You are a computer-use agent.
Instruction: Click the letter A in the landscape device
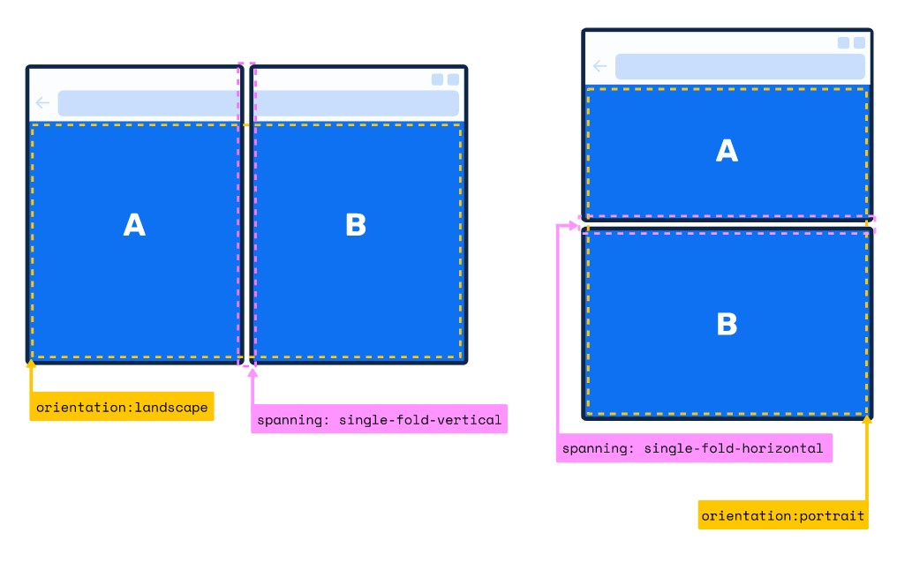point(134,226)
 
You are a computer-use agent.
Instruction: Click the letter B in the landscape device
point(356,226)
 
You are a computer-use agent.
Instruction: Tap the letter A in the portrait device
point(727,152)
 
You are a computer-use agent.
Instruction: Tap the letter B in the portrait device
point(727,325)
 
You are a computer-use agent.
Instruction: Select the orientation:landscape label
point(122,407)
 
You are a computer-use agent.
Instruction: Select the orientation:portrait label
point(783,515)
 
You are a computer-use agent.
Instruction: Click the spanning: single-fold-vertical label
point(380,420)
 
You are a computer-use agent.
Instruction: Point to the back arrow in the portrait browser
point(600,66)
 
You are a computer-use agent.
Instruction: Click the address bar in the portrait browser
point(740,66)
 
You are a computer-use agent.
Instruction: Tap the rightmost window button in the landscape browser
point(453,79)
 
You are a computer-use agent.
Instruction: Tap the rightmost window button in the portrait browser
point(859,42)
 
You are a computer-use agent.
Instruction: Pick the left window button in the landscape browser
point(437,79)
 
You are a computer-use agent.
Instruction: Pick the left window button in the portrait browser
point(843,42)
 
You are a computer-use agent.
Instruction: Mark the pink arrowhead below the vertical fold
point(253,373)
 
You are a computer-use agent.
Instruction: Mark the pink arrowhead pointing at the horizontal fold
point(573,226)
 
